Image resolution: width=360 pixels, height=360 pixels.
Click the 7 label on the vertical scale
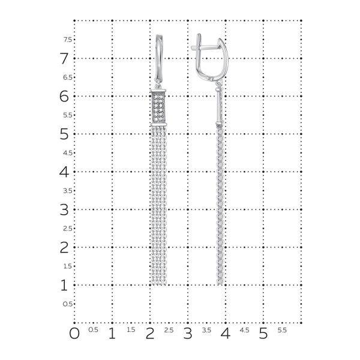click(x=63, y=58)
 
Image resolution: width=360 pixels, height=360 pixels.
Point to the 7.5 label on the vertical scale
click(x=68, y=40)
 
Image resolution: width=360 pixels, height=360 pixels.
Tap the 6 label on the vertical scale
click(x=63, y=96)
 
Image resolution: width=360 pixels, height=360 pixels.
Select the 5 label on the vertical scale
click(x=63, y=134)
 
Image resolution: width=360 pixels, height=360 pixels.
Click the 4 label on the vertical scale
click(x=63, y=172)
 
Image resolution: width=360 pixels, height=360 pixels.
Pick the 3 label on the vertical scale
click(x=63, y=209)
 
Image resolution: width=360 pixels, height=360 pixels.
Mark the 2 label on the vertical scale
click(x=63, y=247)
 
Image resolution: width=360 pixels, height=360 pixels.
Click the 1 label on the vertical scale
click(x=63, y=285)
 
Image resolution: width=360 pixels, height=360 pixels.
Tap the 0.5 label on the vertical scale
click(x=68, y=304)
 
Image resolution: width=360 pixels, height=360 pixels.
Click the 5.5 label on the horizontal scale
click(x=282, y=330)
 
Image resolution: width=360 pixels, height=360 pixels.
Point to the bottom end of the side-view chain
click(x=220, y=282)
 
